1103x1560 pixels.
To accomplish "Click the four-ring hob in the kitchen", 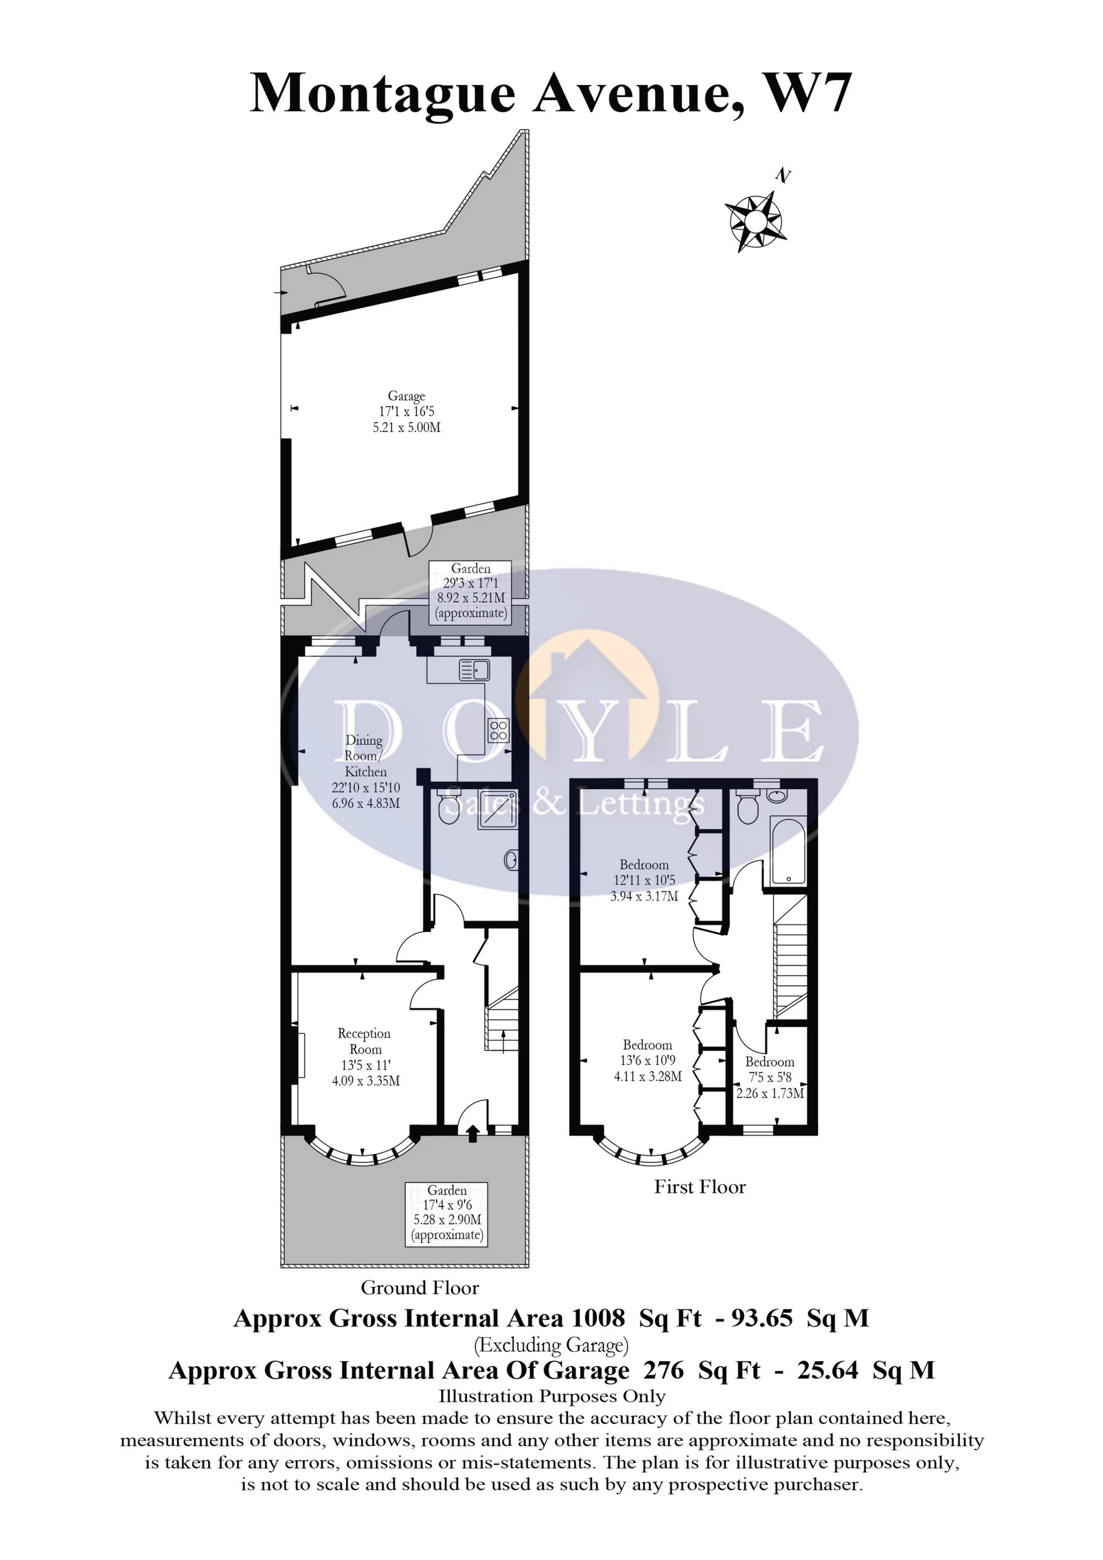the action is coord(498,730).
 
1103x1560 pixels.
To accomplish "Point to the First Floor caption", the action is coord(699,1187).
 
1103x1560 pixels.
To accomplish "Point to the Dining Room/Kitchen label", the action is coord(365,772).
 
